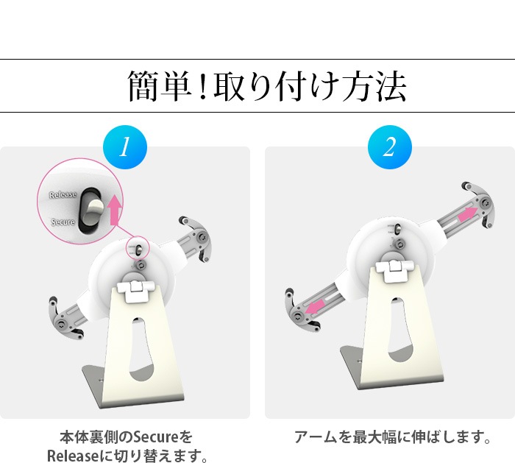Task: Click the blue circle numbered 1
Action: (125, 147)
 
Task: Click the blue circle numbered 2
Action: (389, 147)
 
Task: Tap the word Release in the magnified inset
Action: (63, 195)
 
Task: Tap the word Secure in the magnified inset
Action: (63, 222)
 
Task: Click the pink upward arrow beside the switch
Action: (115, 209)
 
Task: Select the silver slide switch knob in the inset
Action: (94, 211)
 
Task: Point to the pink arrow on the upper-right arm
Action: (468, 214)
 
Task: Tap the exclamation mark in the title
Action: (202, 87)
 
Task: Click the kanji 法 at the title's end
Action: (391, 86)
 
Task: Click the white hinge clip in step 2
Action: (394, 270)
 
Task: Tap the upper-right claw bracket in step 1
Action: (197, 237)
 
